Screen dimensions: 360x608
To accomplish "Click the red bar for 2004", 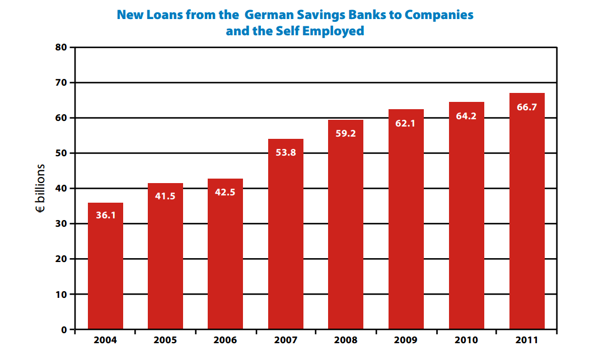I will (105, 266).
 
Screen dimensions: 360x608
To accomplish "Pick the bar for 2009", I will (406, 219).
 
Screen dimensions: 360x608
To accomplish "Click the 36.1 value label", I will (105, 214).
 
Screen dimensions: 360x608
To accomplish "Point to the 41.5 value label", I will (165, 196).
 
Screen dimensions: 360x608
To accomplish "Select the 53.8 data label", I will (286, 152).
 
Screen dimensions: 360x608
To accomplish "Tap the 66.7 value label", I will (527, 107).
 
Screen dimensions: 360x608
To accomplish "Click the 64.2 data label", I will (466, 116).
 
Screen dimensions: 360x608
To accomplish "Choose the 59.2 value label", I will (345, 134).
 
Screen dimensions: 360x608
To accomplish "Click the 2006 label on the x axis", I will (225, 340).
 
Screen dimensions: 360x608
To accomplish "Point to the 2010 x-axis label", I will (466, 340).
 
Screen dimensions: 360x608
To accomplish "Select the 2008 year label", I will (345, 340).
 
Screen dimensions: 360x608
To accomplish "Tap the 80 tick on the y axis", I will (61, 48).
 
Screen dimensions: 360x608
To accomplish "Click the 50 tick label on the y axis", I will (61, 153).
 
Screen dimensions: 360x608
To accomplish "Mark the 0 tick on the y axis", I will (64, 330).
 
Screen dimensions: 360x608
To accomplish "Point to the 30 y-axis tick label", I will (61, 224).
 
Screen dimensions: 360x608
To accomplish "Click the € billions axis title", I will (41, 189).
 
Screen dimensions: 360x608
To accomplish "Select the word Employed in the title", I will (333, 31).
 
